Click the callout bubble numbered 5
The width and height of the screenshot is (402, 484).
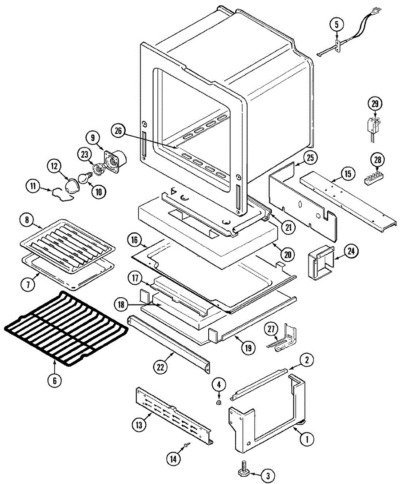pos(337,24)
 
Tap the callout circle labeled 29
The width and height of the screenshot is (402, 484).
pos(375,104)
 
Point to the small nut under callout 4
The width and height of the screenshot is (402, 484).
pos(219,403)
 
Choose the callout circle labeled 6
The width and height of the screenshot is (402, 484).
pos(55,380)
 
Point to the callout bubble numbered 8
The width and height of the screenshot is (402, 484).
pos(27,220)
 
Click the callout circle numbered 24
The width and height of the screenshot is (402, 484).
pos(351,251)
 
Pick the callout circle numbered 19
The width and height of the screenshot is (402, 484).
pos(249,346)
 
